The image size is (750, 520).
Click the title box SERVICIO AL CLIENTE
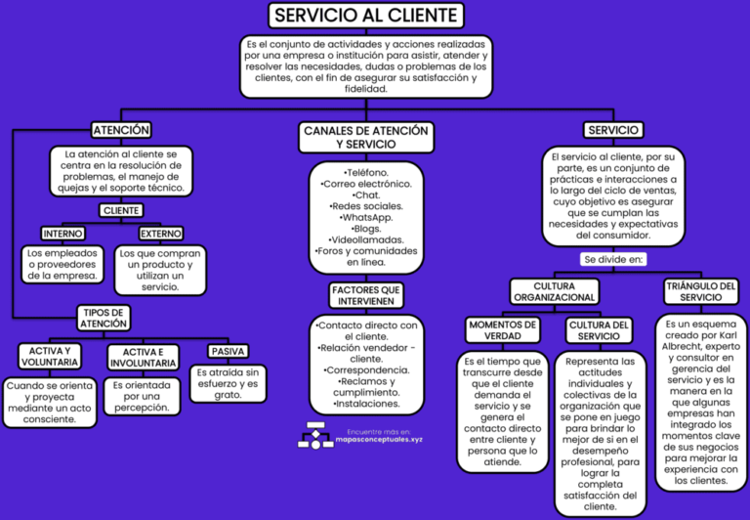click(x=365, y=16)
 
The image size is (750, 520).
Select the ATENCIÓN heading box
click(x=121, y=130)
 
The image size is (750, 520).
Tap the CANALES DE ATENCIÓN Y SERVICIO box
click(x=365, y=137)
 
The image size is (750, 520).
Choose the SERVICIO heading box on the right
click(x=612, y=130)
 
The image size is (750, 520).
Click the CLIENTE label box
click(x=121, y=210)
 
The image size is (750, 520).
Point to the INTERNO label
click(x=63, y=234)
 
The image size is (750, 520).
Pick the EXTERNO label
click(x=159, y=234)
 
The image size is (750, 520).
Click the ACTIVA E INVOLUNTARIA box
click(x=143, y=358)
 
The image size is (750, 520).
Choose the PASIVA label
click(x=228, y=352)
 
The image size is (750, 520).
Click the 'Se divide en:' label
click(x=612, y=259)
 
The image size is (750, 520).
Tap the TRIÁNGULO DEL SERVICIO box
click(x=701, y=290)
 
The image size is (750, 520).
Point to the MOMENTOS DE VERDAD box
click(x=502, y=330)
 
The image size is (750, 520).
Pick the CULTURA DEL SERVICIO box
click(x=599, y=330)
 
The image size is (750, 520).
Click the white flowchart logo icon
click(x=315, y=435)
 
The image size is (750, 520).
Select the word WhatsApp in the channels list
click(x=366, y=217)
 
